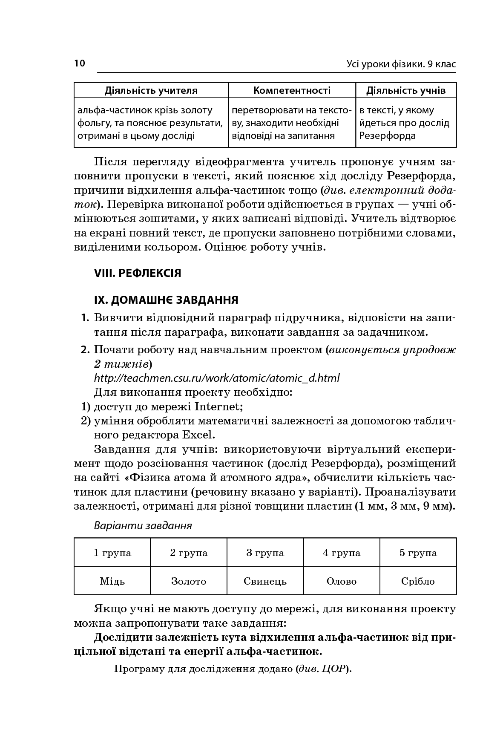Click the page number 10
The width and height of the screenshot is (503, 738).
(80, 63)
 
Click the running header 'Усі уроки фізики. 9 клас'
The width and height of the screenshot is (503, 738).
(401, 64)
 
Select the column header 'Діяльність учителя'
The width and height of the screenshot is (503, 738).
(151, 90)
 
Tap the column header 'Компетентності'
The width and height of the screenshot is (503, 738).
(292, 90)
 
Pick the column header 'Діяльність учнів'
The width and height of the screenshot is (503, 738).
(406, 90)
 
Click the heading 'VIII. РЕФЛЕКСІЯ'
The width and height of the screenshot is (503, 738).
(138, 273)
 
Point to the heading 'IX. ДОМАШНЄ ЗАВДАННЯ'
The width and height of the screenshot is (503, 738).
(166, 300)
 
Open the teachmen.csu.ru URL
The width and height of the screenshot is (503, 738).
(216, 378)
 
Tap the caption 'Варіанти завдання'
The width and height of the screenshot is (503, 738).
(143, 525)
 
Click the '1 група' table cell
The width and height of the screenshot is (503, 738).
(112, 553)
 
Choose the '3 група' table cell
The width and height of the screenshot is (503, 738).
(265, 553)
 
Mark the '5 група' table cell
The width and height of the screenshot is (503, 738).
(418, 553)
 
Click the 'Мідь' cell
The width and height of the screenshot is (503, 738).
(112, 581)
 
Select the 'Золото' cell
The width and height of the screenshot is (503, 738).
(189, 581)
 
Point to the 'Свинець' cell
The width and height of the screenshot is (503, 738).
(265, 581)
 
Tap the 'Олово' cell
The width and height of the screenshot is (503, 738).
(342, 581)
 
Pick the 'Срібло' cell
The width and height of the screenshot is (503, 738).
(418, 581)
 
